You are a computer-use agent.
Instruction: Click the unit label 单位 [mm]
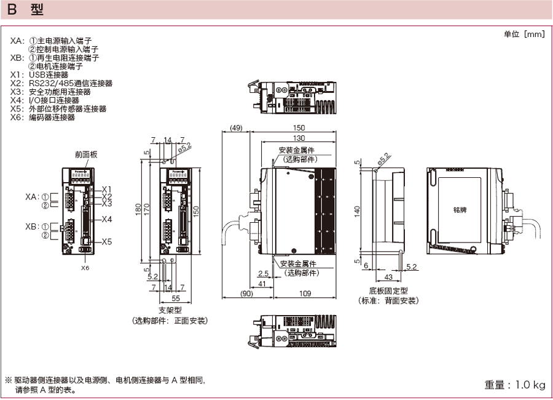coord(524,34)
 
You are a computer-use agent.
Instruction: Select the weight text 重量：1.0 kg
coord(515,385)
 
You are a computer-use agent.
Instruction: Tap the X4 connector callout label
coord(107,219)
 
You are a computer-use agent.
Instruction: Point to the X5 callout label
coord(107,241)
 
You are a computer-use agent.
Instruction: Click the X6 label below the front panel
coord(85,268)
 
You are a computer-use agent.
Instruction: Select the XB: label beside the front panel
coord(33,226)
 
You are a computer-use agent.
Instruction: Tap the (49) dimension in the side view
coord(236,128)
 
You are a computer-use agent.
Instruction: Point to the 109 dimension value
coord(305,294)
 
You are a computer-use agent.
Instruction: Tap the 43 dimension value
coord(388,277)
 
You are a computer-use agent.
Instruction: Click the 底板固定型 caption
coord(388,290)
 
